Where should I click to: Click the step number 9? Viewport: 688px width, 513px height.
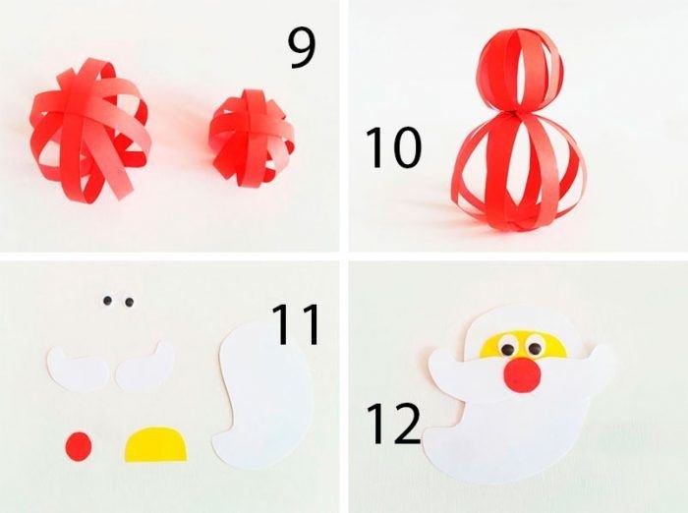click(x=302, y=48)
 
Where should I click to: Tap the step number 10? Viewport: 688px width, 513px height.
click(x=393, y=147)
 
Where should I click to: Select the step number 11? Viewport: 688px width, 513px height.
click(x=296, y=324)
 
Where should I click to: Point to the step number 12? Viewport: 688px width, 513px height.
click(x=393, y=423)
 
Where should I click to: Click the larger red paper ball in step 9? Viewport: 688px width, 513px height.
click(x=90, y=131)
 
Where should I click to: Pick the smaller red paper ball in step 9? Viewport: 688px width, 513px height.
click(x=252, y=139)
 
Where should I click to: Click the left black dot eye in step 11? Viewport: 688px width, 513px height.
click(x=107, y=301)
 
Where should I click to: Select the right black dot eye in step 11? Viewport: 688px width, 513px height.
click(x=129, y=302)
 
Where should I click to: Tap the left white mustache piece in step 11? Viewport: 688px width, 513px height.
click(x=78, y=369)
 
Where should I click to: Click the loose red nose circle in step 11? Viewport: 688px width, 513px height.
click(x=79, y=447)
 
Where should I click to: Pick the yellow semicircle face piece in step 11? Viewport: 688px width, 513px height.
click(x=155, y=445)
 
